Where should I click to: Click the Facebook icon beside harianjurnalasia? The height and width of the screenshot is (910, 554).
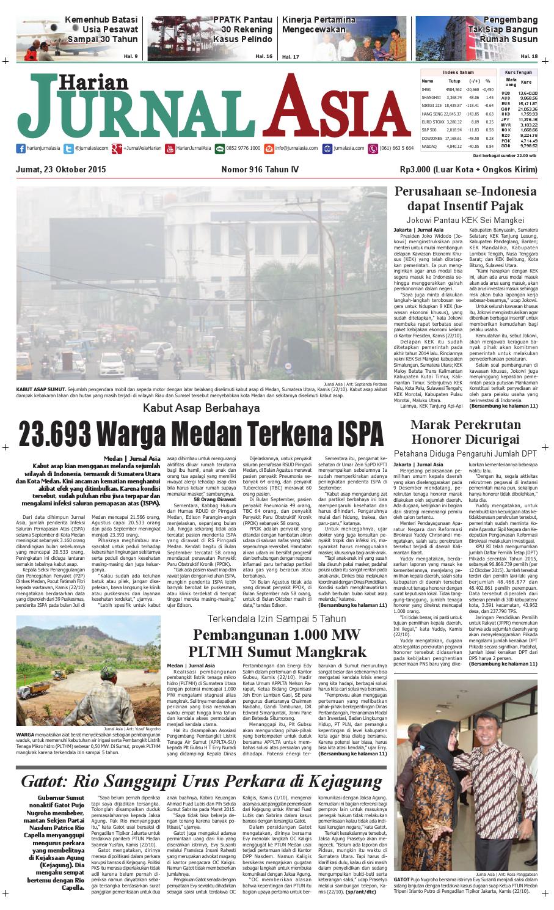(x=21, y=148)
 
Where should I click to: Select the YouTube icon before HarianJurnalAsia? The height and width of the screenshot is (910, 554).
(x=170, y=148)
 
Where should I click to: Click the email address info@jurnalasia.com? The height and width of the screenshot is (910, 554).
(x=296, y=148)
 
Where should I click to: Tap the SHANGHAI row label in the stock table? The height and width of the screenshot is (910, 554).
(x=431, y=97)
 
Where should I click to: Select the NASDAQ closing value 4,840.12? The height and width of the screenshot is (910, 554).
(x=454, y=146)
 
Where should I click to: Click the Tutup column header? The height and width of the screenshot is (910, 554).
(x=454, y=81)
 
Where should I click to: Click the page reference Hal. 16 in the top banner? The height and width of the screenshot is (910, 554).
(x=264, y=56)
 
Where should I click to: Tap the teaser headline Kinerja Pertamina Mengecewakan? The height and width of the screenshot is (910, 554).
(x=318, y=24)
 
